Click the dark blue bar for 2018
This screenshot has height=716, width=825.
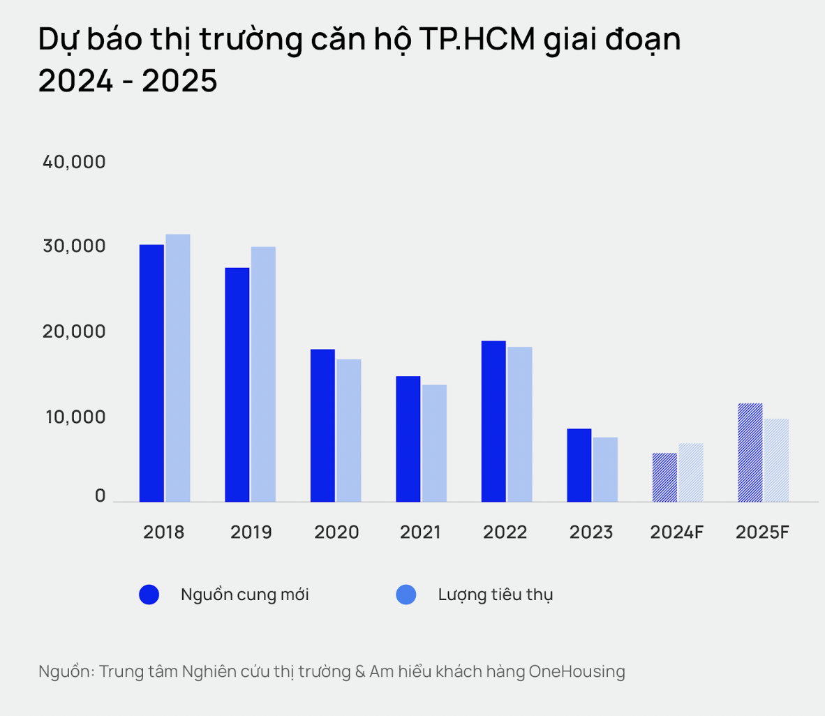pyautogui.click(x=151, y=373)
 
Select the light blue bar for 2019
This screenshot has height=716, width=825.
pyautogui.click(x=263, y=374)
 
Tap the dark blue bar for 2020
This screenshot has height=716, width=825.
pyautogui.click(x=322, y=426)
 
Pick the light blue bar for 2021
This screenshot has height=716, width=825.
pyautogui.click(x=434, y=443)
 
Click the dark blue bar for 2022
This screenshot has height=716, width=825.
pyautogui.click(x=493, y=422)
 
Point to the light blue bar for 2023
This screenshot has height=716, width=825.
pyautogui.click(x=605, y=470)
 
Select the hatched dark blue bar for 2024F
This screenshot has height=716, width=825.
pyautogui.click(x=664, y=477)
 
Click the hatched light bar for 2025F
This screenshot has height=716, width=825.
pyautogui.click(x=776, y=461)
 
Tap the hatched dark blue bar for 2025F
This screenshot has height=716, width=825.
pyautogui.click(x=750, y=453)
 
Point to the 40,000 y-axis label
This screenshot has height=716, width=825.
pyautogui.click(x=74, y=162)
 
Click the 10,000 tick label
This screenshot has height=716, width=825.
pyautogui.click(x=74, y=417)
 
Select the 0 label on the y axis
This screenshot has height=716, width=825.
pyautogui.click(x=100, y=496)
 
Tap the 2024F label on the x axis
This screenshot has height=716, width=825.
pyautogui.click(x=676, y=532)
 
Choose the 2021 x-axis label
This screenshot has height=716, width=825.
pyautogui.click(x=420, y=532)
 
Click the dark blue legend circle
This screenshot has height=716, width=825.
pyautogui.click(x=149, y=595)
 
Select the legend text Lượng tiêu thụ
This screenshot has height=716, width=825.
pyautogui.click(x=495, y=595)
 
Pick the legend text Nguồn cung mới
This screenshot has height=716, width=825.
pyautogui.click(x=244, y=595)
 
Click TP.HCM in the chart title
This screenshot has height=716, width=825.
pyautogui.click(x=477, y=40)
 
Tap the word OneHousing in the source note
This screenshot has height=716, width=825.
pyautogui.click(x=577, y=671)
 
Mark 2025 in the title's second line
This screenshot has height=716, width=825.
pyautogui.click(x=179, y=81)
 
